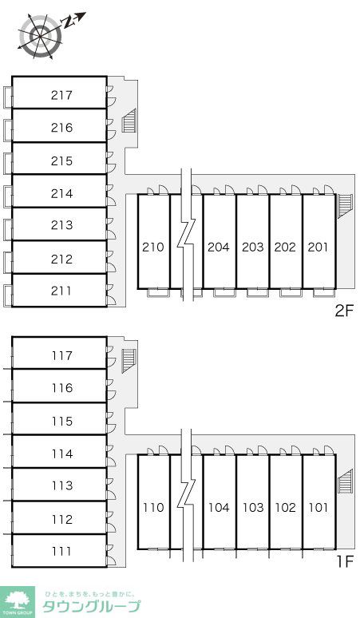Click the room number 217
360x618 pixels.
pyautogui.click(x=61, y=95)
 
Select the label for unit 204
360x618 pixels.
pyautogui.click(x=218, y=248)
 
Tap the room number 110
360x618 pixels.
pyautogui.click(x=152, y=507)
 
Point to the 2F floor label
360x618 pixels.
pyautogui.click(x=344, y=311)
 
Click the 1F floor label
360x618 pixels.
pyautogui.click(x=345, y=561)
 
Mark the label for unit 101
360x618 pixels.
pyautogui.click(x=318, y=507)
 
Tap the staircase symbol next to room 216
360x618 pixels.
pyautogui.click(x=129, y=121)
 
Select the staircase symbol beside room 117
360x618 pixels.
pyautogui.click(x=129, y=361)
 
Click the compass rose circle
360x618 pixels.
pyautogui.click(x=41, y=36)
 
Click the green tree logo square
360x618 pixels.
pyautogui.click(x=17, y=602)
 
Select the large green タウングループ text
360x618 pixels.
pyautogui.click(x=91, y=606)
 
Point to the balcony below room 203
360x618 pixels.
pyautogui.click(x=252, y=293)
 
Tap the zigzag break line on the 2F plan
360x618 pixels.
pyautogui.click(x=186, y=236)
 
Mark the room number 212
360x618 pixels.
pyautogui.click(x=61, y=259)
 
